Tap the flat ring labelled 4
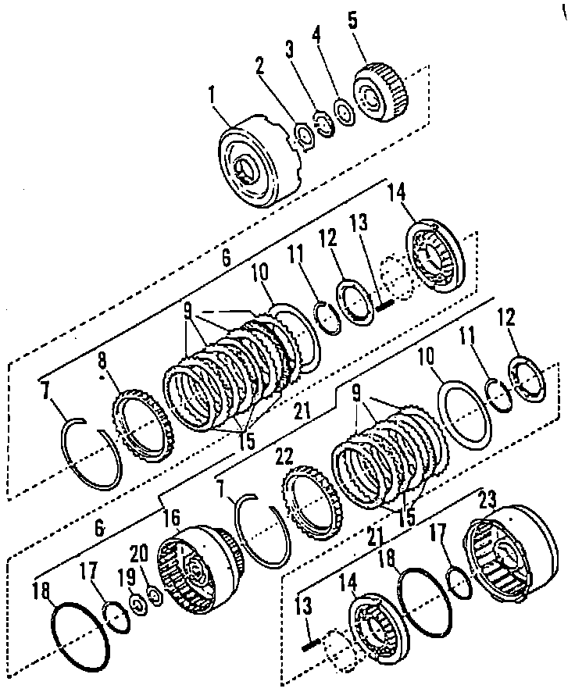341,110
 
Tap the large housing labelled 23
511,555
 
